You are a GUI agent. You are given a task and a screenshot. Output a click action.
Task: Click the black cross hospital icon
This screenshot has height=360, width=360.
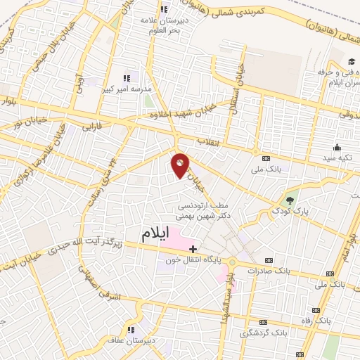click(x=192, y=249)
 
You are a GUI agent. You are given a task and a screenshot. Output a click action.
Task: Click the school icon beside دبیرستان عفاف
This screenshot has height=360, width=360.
click(x=131, y=329)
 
